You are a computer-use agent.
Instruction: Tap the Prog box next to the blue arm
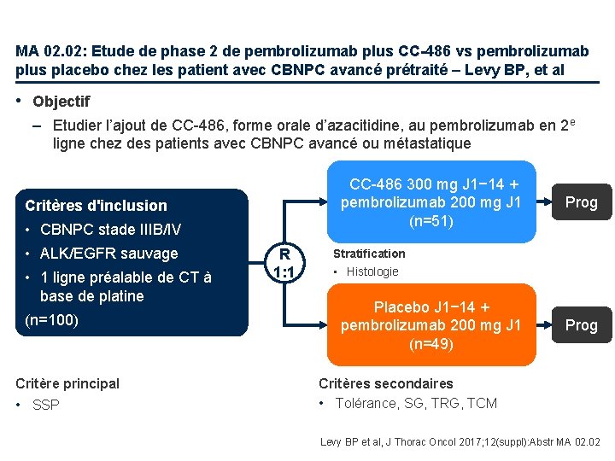point(582,202)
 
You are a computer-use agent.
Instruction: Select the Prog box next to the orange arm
point(582,325)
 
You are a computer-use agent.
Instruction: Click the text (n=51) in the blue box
point(430,221)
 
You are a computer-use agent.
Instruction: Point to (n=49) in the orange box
point(430,344)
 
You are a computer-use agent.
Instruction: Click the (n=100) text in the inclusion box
point(52,320)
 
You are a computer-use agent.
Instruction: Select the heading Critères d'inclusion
point(97,205)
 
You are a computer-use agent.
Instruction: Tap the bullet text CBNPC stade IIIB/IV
point(111,229)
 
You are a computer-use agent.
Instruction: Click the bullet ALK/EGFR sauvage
point(109,254)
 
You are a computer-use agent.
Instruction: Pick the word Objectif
point(61,102)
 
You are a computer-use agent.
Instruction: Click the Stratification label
point(369,254)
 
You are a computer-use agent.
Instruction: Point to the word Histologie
point(372,271)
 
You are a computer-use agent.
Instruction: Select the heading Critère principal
point(67,383)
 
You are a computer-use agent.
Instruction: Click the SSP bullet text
point(46,405)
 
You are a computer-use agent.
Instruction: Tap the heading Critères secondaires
point(386,383)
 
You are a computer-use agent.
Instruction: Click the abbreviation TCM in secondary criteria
point(481,403)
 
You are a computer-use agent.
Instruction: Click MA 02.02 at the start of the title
point(50,50)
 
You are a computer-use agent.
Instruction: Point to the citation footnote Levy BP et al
point(460,441)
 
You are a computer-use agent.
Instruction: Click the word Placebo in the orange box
point(402,306)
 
